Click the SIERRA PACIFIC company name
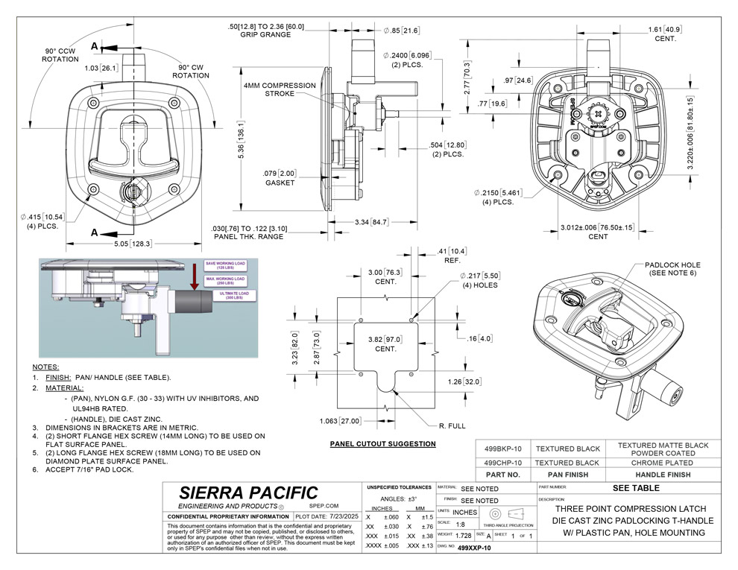[x=248, y=493]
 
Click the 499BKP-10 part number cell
[x=502, y=449]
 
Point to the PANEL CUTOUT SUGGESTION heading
[x=382, y=444]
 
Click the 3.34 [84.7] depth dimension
[x=370, y=221]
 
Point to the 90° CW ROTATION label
[x=191, y=70]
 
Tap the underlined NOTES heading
[x=45, y=367]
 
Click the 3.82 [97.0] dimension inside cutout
[x=385, y=343]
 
